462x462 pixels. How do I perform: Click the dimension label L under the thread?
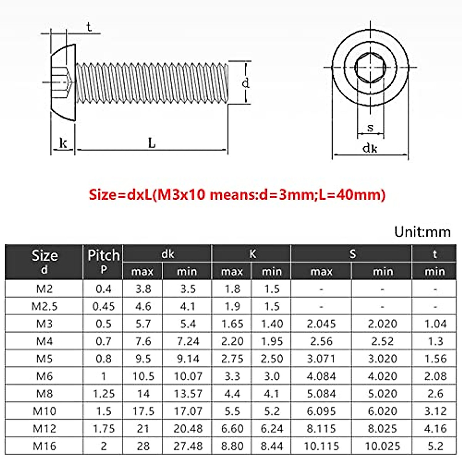coord(152,143)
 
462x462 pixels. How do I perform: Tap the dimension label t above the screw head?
coord(89,27)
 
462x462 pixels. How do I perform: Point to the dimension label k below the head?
coord(63,143)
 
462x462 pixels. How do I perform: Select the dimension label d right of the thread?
coord(245,83)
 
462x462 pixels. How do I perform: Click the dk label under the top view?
coord(370,148)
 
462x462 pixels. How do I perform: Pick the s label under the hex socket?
coord(370,127)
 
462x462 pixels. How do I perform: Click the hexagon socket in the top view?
coord(370,68)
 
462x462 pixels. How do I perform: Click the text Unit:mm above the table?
coord(422,232)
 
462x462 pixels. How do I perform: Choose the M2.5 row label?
coord(44,306)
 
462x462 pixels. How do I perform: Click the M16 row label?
coord(44,446)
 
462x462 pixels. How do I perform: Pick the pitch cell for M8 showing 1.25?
coord(103,393)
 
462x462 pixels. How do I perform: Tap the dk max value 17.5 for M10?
coord(143,411)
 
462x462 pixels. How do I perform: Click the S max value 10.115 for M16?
coord(321,446)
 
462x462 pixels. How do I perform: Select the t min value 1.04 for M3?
coord(435,324)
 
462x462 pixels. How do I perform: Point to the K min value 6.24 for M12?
coord(271,429)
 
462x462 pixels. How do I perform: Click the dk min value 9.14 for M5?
coord(188,359)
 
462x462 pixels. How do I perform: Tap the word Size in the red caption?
coord(102,194)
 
